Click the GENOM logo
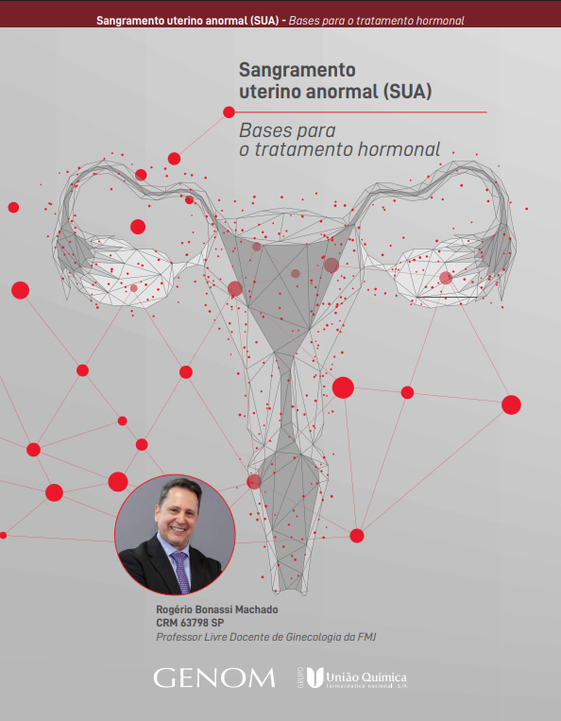[x=214, y=678]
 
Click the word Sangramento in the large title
[x=297, y=70]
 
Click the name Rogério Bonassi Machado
[x=217, y=609]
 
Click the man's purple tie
[x=181, y=572]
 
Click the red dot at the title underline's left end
[x=229, y=112]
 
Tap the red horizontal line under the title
[x=361, y=112]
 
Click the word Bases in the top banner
[x=302, y=21]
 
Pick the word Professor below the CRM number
[x=178, y=637]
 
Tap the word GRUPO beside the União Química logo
[x=300, y=677]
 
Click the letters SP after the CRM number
[x=218, y=623]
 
